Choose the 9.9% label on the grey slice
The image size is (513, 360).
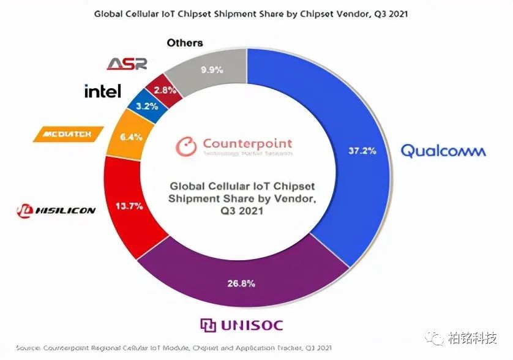click(x=210, y=70)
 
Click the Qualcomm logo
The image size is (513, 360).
click(x=443, y=150)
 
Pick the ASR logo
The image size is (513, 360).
click(x=127, y=64)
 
